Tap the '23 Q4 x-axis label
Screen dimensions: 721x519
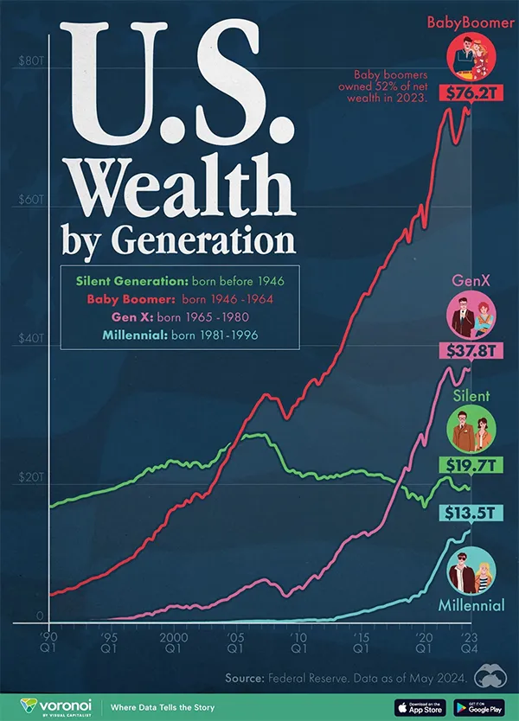(470, 641)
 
